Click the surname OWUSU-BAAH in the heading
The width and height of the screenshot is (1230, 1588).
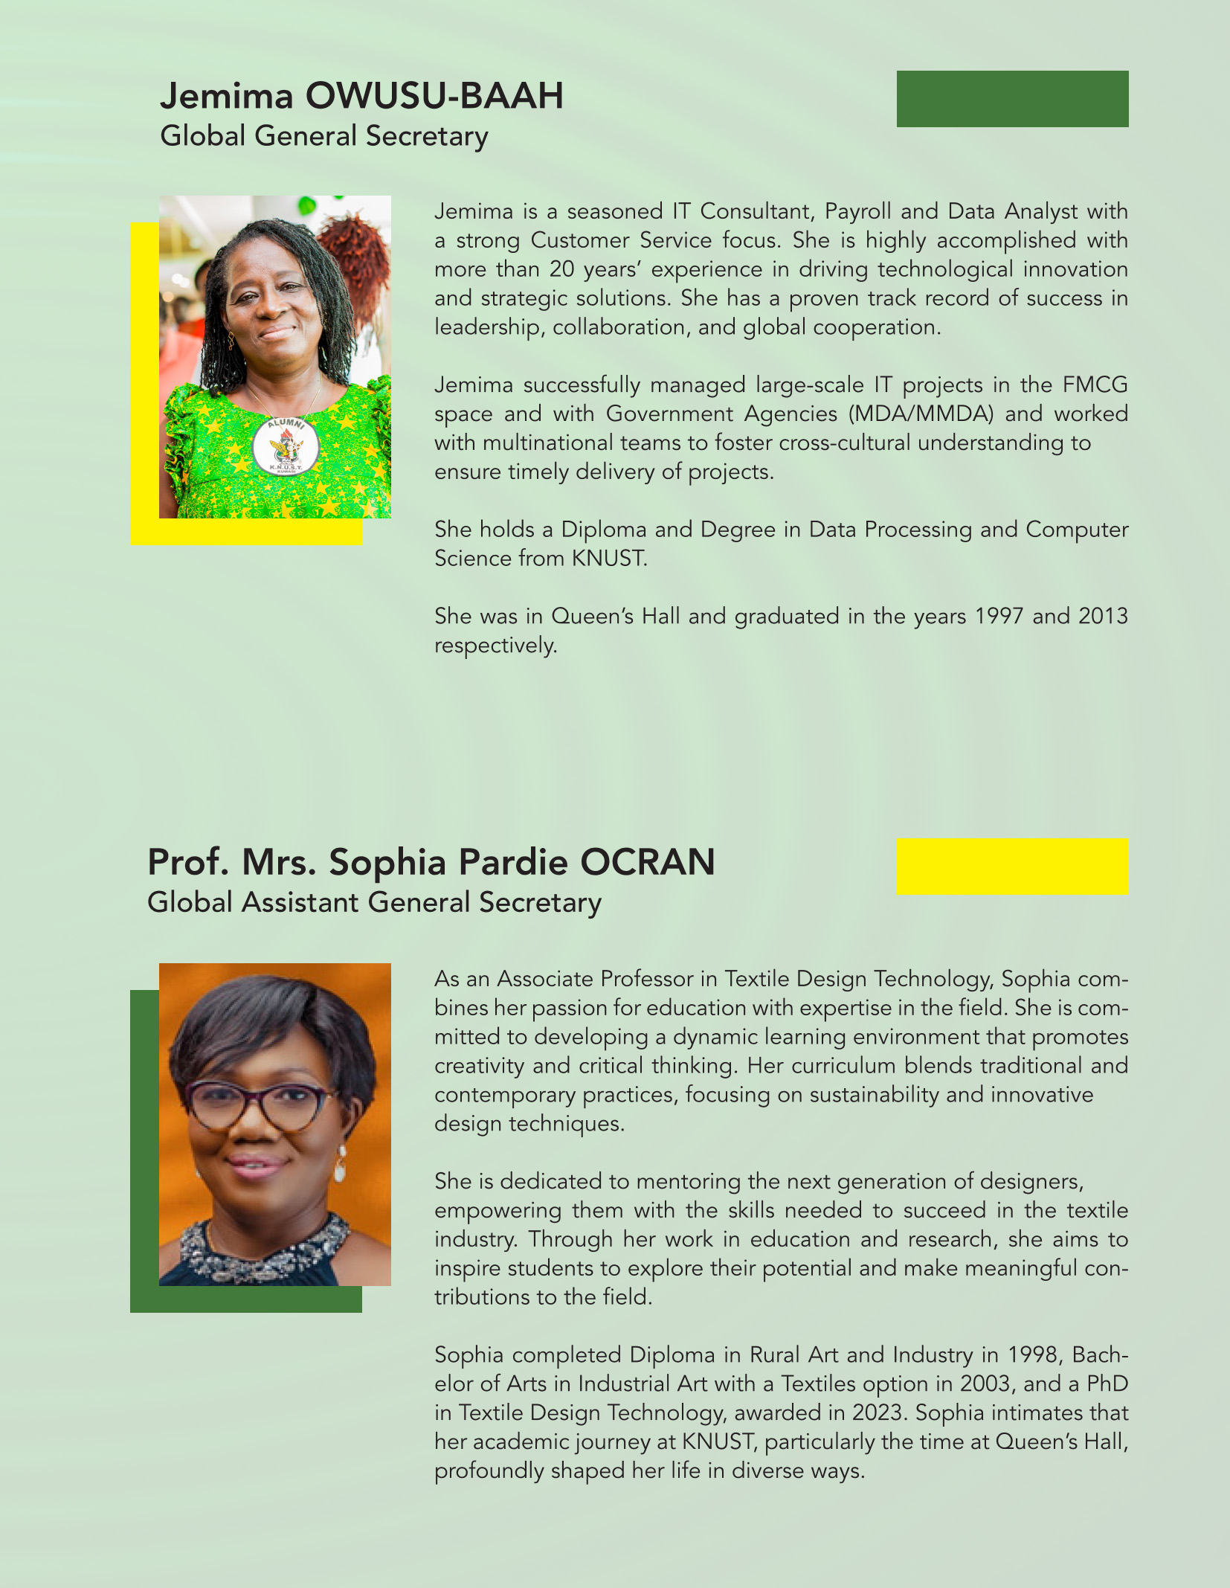434,97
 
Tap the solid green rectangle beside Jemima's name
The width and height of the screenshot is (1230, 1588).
1012,99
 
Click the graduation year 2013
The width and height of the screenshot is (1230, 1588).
1103,617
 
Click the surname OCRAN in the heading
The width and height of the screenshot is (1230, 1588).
647,863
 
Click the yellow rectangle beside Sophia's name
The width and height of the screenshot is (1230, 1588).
1012,867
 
